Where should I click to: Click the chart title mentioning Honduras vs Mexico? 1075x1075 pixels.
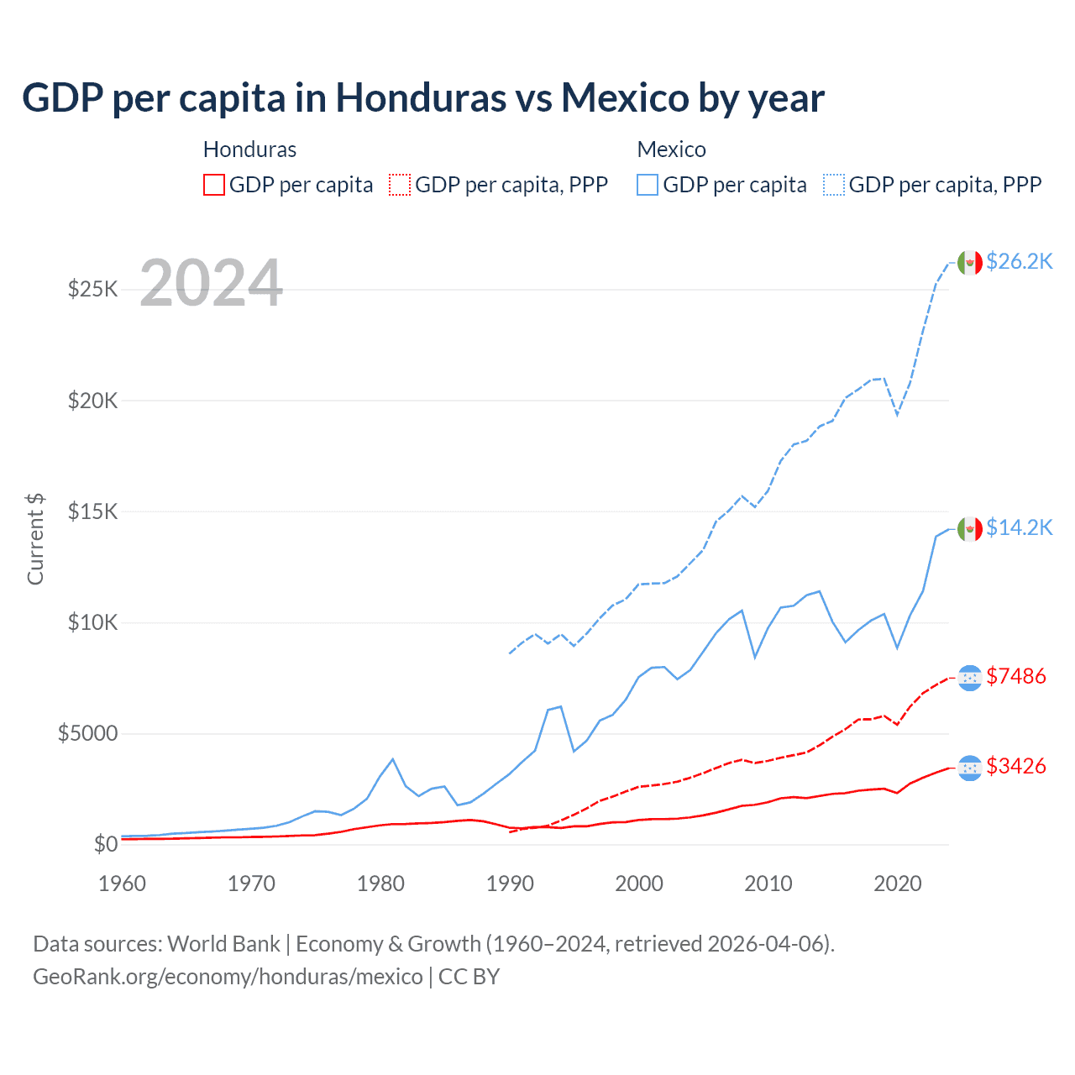423,98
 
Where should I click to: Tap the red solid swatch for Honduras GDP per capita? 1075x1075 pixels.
214,185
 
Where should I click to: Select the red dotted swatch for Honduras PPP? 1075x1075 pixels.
400,185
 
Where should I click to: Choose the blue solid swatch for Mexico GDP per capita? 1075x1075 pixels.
648,185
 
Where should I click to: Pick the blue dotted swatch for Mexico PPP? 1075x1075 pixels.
834,185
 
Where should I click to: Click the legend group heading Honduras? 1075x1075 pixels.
249,149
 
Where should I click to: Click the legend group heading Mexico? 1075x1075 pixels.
671,149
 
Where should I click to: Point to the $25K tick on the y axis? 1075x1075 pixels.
92,290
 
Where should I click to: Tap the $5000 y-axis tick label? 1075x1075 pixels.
87,733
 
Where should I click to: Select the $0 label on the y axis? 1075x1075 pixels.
105,844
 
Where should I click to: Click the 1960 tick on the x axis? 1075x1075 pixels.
123,884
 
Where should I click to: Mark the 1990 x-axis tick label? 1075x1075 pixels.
510,884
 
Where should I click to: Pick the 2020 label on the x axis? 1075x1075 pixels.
898,884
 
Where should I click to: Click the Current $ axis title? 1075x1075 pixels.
35,539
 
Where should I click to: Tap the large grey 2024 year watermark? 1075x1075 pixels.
211,283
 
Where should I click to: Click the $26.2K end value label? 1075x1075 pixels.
1019,261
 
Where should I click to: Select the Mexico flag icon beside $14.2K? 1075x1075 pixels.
970,528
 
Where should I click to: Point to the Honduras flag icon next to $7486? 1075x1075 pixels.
970,677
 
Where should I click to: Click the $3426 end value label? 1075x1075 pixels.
1016,766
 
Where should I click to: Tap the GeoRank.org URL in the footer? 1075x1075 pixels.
228,977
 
